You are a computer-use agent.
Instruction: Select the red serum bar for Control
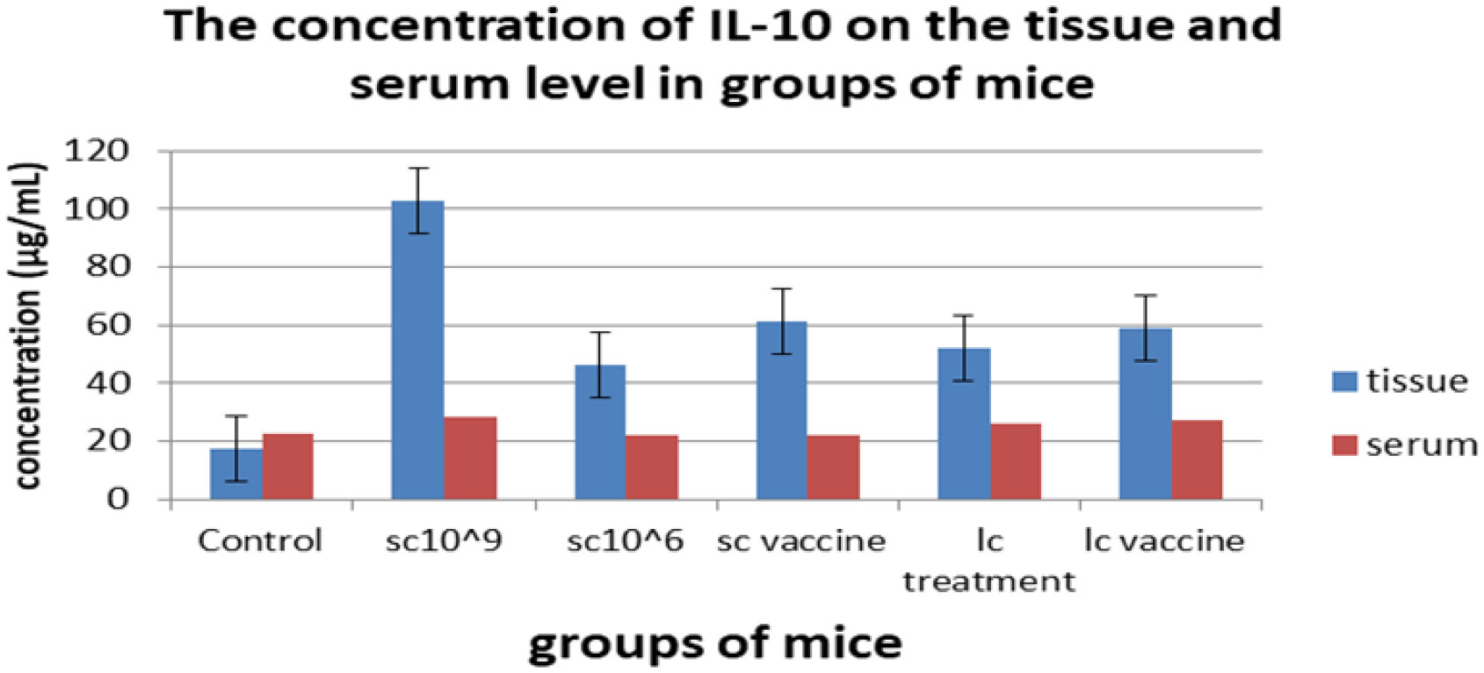click(x=288, y=467)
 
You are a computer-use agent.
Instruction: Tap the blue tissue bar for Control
click(x=235, y=474)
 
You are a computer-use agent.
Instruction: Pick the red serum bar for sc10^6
click(x=652, y=467)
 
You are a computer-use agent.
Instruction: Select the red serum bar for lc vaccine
click(x=1197, y=460)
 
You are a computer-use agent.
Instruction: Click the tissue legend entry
click(x=1401, y=381)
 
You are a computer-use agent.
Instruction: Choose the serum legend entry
click(x=1406, y=445)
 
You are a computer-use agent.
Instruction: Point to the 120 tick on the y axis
click(x=97, y=151)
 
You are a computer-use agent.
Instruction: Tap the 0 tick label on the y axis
click(x=118, y=499)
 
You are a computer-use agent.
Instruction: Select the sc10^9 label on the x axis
click(x=444, y=540)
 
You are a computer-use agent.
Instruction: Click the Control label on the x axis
click(x=260, y=540)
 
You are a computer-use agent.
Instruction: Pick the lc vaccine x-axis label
click(x=1164, y=540)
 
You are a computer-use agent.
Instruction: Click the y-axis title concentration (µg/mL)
click(x=28, y=325)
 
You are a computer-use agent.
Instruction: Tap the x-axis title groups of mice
click(x=715, y=643)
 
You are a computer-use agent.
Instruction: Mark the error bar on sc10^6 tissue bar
click(x=600, y=364)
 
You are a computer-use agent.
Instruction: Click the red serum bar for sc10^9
click(x=470, y=458)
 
